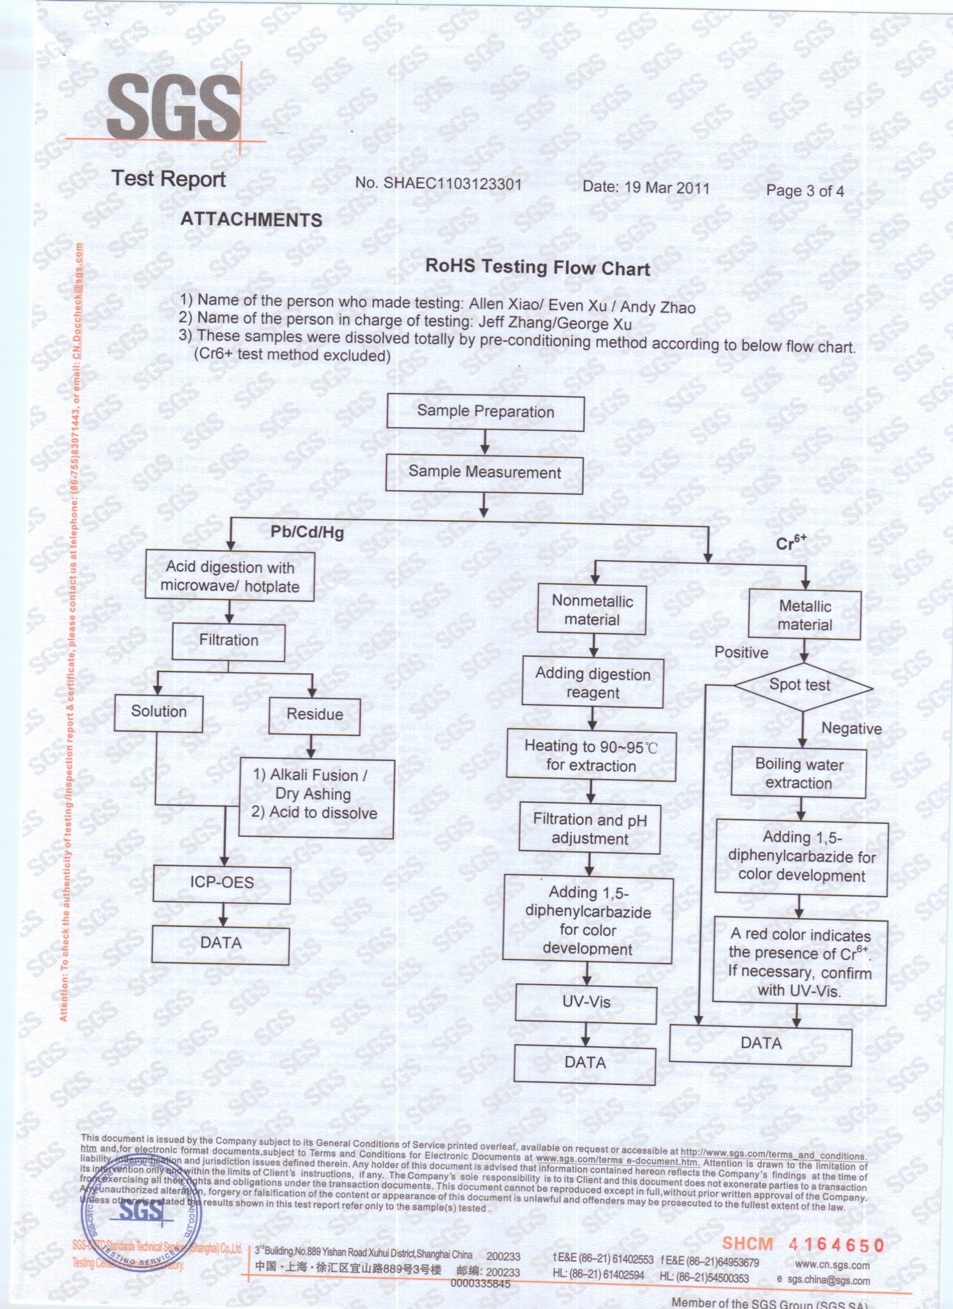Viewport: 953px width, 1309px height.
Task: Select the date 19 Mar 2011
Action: pyautogui.click(x=646, y=188)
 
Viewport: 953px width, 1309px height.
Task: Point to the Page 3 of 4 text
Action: pyautogui.click(x=804, y=191)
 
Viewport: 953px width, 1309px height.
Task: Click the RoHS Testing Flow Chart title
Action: pyautogui.click(x=537, y=267)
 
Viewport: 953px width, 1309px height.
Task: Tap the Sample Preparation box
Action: pyautogui.click(x=485, y=412)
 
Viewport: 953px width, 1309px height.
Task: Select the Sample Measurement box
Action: pyautogui.click(x=484, y=473)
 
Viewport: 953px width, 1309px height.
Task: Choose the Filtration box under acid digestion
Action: pyautogui.click(x=229, y=641)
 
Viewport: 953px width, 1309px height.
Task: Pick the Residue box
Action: pyautogui.click(x=315, y=715)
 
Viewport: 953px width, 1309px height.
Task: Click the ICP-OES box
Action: pyautogui.click(x=222, y=883)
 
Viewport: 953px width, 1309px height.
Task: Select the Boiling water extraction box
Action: pyautogui.click(x=799, y=774)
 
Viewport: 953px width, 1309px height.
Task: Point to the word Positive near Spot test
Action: pyautogui.click(x=741, y=653)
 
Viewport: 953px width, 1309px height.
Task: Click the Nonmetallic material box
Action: pyautogui.click(x=592, y=610)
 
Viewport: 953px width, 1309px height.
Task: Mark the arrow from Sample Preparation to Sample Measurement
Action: pyautogui.click(x=485, y=442)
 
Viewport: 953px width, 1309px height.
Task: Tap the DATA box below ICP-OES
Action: pyautogui.click(x=221, y=944)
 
